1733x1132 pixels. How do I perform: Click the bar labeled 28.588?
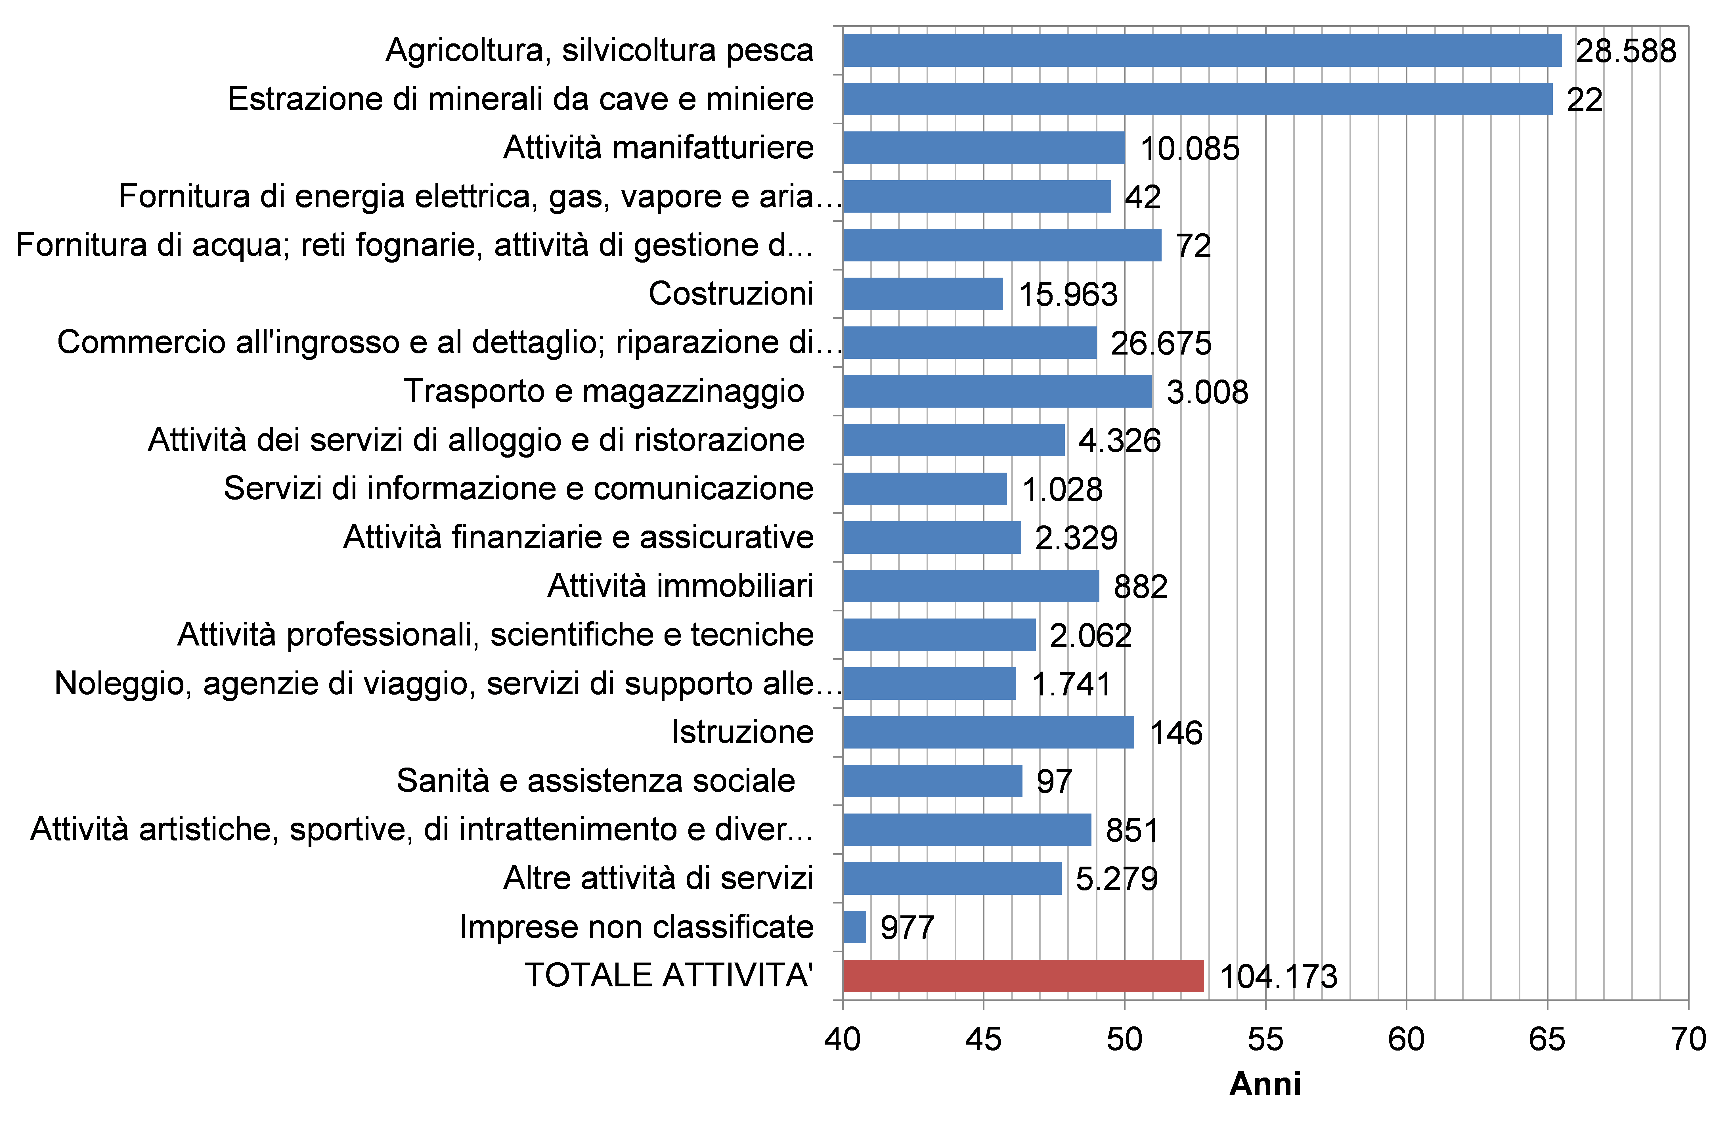(x=1201, y=50)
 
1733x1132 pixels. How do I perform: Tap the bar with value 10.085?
(x=983, y=148)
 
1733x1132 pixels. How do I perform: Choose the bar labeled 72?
(x=1001, y=245)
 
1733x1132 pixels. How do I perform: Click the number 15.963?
(x=1067, y=294)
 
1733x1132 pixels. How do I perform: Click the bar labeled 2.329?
(x=931, y=537)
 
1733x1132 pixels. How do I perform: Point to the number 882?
(x=1140, y=587)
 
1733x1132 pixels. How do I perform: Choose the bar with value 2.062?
(x=938, y=635)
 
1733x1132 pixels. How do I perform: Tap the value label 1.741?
(x=1071, y=684)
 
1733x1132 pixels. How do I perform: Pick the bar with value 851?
(x=966, y=830)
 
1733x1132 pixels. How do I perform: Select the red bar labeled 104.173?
(x=1023, y=976)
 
